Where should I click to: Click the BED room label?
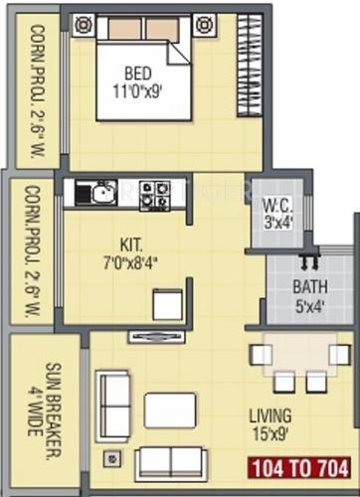coord(138,73)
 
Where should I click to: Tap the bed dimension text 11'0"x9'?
coord(140,89)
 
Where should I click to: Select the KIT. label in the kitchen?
coord(130,243)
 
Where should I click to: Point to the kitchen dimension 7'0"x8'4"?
coord(132,261)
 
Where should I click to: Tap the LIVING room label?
coord(270,415)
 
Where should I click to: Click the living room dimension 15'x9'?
coord(270,433)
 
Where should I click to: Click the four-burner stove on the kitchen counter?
coord(153,192)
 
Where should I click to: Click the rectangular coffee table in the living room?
coord(170,410)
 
